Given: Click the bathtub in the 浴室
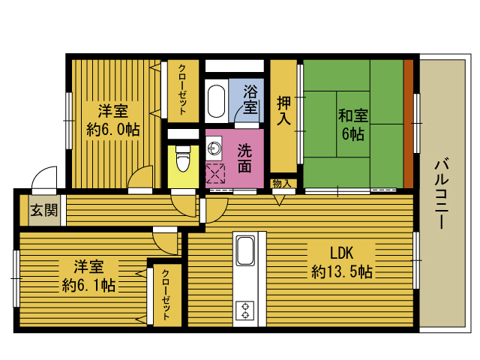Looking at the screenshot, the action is [x=216, y=101].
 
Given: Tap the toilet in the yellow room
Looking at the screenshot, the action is [x=183, y=158].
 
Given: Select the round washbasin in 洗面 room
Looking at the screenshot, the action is [x=213, y=148].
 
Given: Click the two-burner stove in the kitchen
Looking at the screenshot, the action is [x=245, y=310].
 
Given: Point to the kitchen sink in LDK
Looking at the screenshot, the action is [x=245, y=250].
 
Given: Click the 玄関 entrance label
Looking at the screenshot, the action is [x=44, y=211].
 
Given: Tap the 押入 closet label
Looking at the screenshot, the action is [x=283, y=110].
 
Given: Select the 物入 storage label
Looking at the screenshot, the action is [x=282, y=184].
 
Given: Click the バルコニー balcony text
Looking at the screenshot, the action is [x=441, y=193].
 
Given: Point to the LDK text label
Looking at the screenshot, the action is [x=342, y=253].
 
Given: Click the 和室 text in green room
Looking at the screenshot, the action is [x=353, y=115].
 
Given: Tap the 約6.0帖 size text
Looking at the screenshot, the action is [x=113, y=130].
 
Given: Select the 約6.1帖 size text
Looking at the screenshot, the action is [x=88, y=285].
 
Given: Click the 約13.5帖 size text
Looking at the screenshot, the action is [x=342, y=271].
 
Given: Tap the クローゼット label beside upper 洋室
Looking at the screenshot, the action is [x=182, y=89].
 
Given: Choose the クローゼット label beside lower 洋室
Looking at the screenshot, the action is [x=166, y=295].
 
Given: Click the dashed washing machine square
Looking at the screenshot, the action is [x=215, y=173].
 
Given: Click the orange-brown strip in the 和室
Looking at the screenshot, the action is [x=408, y=124].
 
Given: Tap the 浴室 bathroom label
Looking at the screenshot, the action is [x=250, y=99].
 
